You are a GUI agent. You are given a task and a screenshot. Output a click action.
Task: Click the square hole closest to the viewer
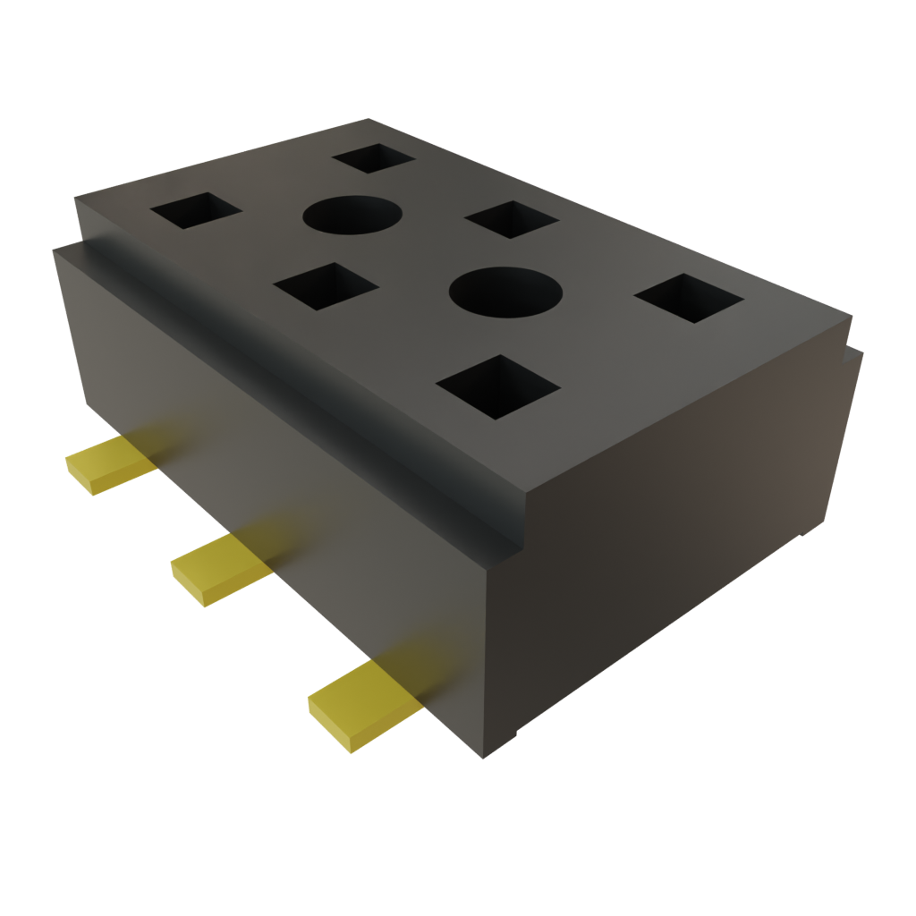coord(497,386)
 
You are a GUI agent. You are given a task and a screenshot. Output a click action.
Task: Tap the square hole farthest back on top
coord(373,157)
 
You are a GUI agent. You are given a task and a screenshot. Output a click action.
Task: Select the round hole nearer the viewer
coord(505,293)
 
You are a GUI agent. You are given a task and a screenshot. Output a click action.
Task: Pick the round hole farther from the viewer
coord(351,216)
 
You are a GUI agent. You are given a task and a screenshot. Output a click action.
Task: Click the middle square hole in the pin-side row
coord(326,286)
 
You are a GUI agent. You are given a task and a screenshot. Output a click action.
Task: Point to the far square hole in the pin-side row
coord(196,211)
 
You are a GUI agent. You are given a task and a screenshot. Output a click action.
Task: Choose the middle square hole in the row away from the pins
coord(511,219)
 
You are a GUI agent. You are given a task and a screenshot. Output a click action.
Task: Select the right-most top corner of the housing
coord(850,315)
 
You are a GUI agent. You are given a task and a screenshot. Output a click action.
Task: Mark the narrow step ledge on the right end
coord(855,349)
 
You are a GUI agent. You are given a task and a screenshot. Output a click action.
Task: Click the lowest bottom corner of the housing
coord(484,759)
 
